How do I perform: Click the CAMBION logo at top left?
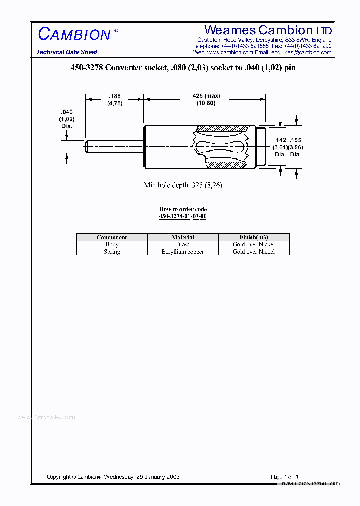click(74, 34)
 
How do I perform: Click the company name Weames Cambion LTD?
click(268, 30)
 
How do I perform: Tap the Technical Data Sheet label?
click(67, 52)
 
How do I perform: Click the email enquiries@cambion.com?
click(301, 52)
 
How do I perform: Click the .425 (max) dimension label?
click(205, 96)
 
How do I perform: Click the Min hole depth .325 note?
click(183, 185)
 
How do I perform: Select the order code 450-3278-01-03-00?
click(183, 216)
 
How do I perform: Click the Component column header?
click(112, 237)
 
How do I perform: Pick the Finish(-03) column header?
click(254, 237)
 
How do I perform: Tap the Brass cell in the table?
click(183, 245)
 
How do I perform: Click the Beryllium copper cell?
click(183, 252)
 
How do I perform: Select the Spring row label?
click(112, 252)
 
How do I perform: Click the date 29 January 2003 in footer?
click(156, 477)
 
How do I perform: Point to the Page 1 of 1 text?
click(284, 477)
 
